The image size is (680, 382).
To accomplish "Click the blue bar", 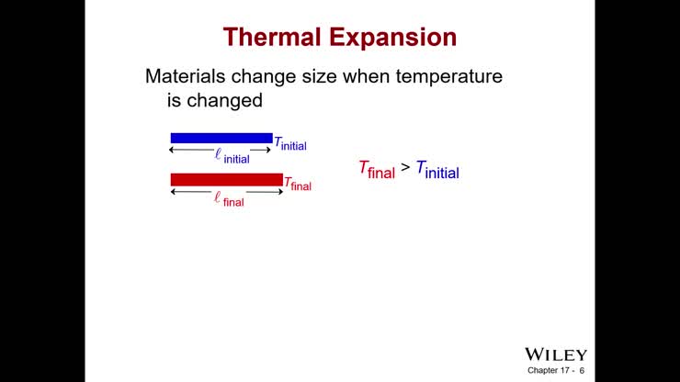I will point(221,138).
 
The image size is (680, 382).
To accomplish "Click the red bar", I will point(226,179).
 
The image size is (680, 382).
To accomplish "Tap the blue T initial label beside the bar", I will point(290,143).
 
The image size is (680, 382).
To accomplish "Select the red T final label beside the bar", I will point(298,184).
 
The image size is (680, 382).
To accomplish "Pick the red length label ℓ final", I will point(229,199).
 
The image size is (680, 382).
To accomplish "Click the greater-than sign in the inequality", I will point(405,167).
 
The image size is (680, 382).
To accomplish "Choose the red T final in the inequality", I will point(376,169).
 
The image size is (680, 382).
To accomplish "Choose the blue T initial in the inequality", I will point(436,169).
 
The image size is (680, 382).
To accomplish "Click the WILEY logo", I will point(555,354).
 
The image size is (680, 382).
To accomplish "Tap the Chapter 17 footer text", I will point(550,371).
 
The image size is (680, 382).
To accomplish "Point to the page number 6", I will point(583,371).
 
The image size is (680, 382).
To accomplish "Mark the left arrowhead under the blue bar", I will point(174,150).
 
